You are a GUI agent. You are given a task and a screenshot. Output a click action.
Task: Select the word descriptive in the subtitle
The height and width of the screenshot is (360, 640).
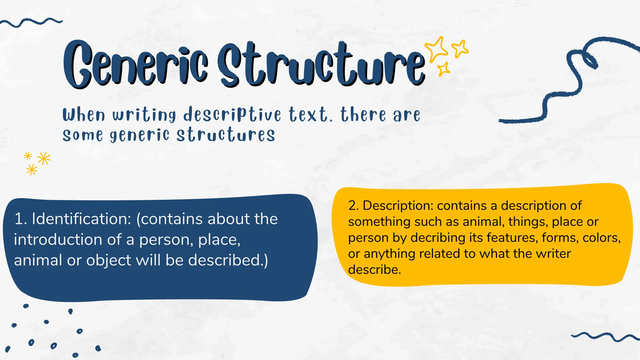pos(232,114)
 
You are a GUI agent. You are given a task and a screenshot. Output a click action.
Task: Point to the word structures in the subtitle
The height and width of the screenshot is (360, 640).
pos(226,135)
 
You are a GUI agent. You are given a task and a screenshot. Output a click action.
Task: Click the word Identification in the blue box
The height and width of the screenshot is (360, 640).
pos(81,219)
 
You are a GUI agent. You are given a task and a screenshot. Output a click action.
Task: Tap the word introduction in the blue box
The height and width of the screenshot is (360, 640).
pos(58,240)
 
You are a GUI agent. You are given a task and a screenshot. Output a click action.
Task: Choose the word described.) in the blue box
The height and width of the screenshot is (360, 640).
pos(228,260)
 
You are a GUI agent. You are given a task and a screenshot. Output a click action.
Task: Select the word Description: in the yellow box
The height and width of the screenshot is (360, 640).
pos(398,206)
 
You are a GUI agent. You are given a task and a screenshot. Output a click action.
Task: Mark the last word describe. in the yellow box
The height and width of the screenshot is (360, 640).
pos(374,270)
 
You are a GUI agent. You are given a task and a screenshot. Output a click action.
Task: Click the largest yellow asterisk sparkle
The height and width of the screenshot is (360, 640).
pos(44,158)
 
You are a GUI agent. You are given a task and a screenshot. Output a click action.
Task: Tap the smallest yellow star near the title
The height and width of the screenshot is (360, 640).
pos(443,69)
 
